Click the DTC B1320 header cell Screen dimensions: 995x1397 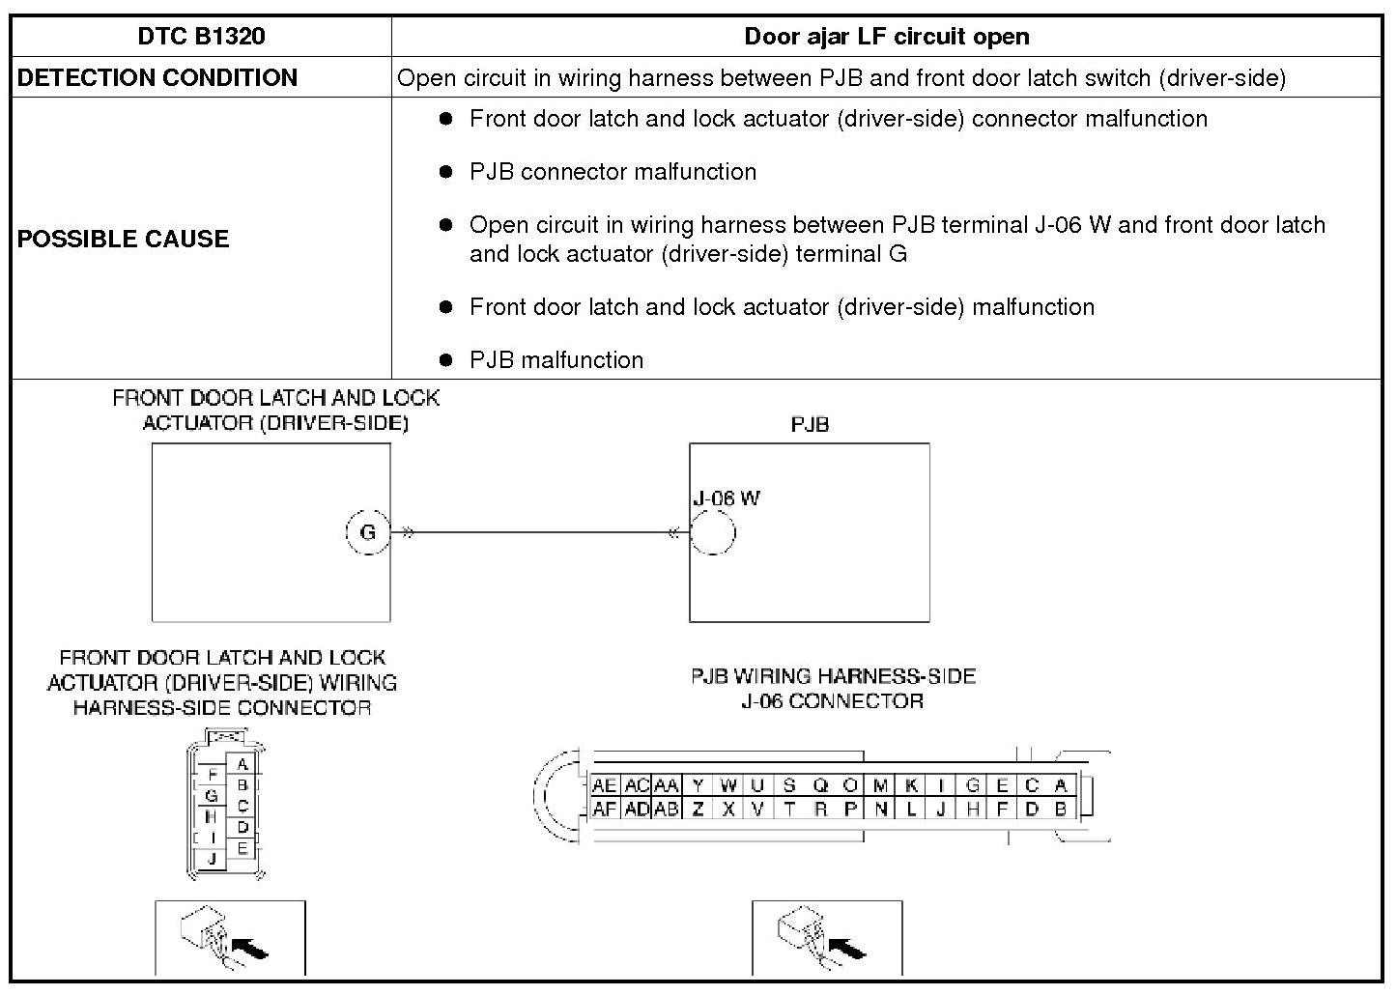(201, 37)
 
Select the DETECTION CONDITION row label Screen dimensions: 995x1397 (157, 78)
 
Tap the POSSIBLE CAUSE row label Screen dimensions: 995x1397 (123, 239)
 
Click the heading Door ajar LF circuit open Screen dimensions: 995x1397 (886, 37)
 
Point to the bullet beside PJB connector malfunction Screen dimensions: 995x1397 (445, 172)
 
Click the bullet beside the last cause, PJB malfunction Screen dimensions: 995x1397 (445, 360)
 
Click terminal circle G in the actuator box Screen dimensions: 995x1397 (367, 532)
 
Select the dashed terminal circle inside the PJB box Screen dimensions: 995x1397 (713, 532)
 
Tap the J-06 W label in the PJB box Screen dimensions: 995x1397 (727, 498)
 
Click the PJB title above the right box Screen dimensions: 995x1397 (810, 425)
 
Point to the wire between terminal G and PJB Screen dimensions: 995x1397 (541, 532)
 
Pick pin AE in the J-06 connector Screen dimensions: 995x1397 (604, 786)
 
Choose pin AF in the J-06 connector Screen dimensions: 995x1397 (604, 810)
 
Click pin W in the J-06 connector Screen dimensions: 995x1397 (728, 786)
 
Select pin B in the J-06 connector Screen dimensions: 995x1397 (1061, 810)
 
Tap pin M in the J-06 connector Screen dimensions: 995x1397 (880, 786)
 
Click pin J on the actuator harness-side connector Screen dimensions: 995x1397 (211, 858)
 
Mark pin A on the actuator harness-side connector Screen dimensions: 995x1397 (242, 765)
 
